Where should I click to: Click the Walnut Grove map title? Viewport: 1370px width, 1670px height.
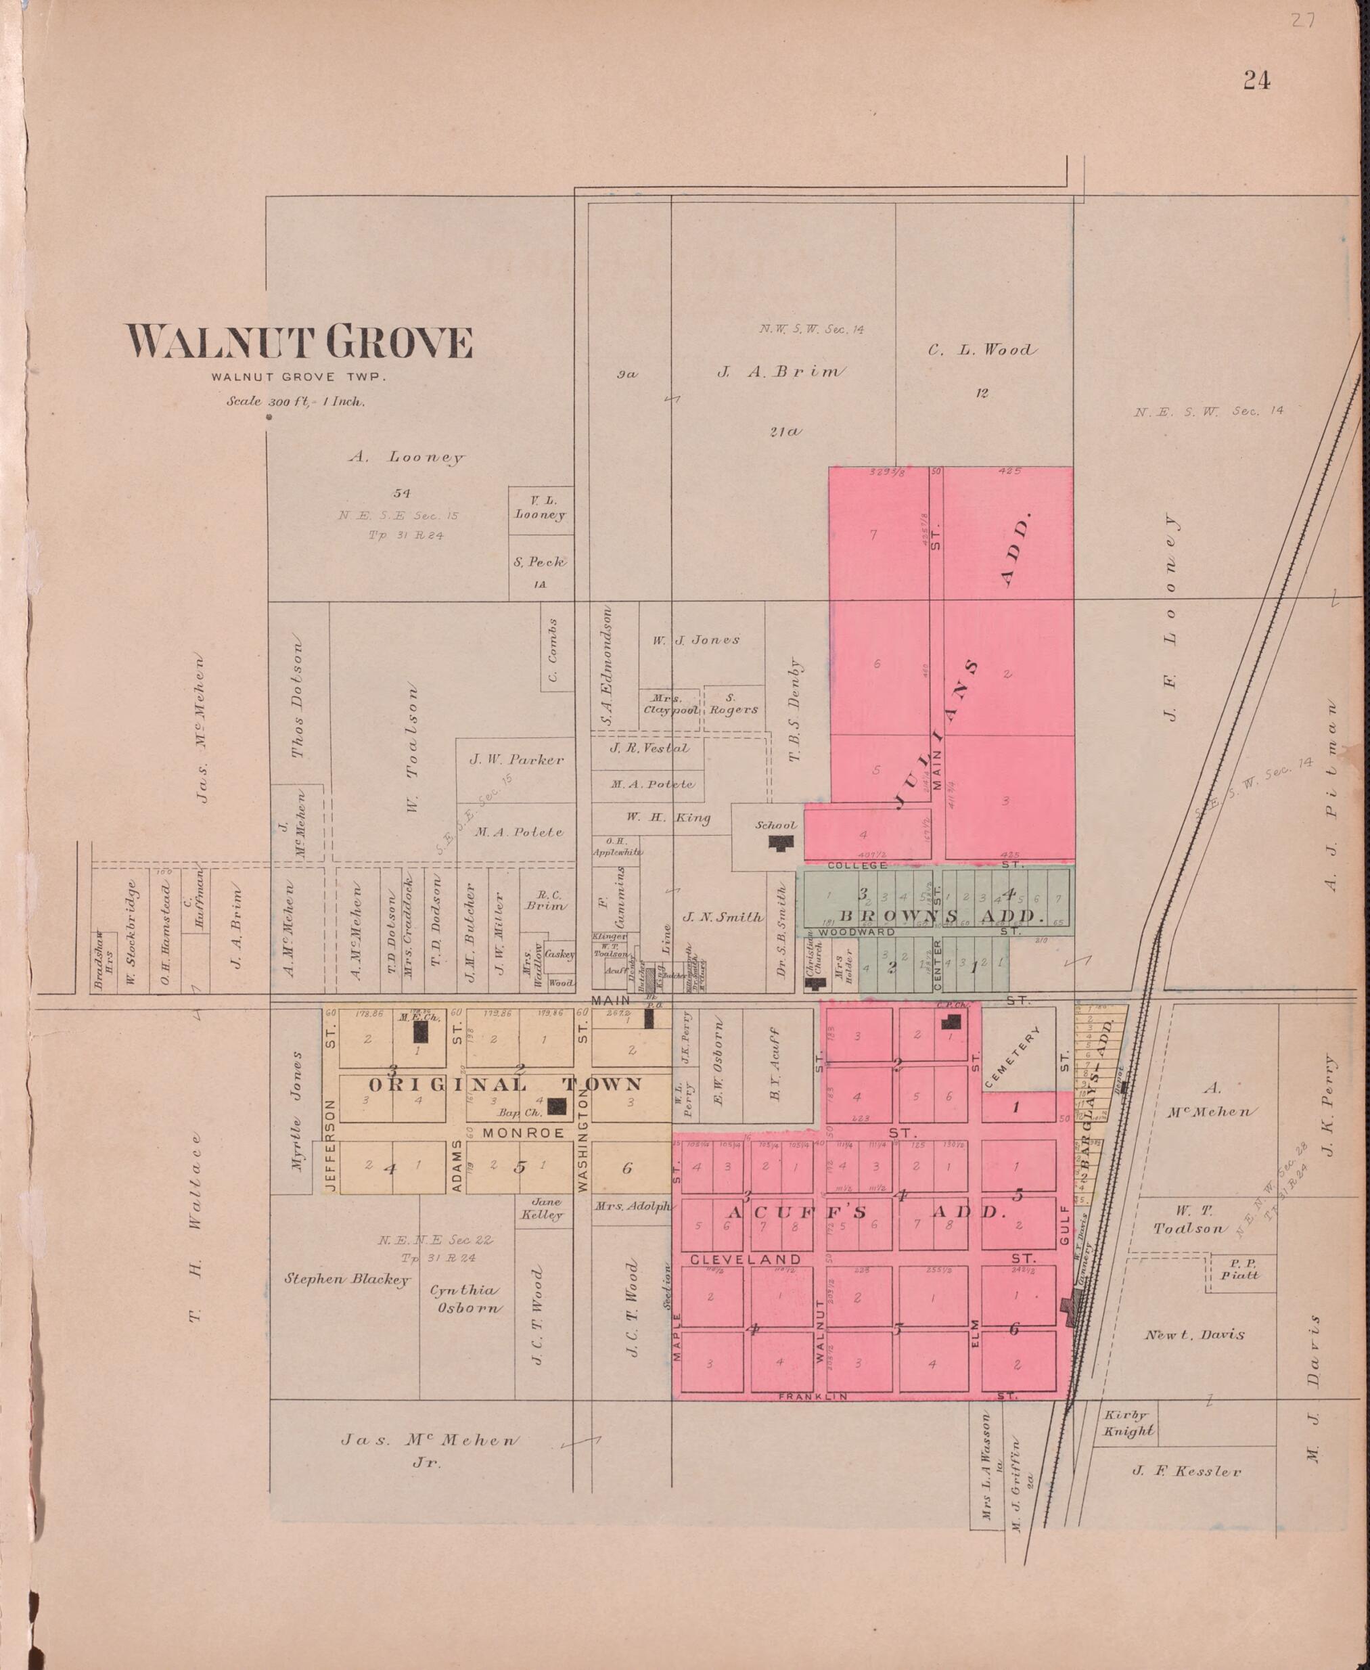pos(300,342)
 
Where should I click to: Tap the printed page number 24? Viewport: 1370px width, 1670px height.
pos(1256,80)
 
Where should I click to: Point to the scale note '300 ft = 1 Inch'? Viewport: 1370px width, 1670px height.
pos(296,401)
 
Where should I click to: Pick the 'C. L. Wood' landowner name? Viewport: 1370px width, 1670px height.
pos(982,350)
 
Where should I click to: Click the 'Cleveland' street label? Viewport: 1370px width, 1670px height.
pos(746,1259)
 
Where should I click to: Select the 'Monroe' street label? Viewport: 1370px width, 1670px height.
pos(523,1133)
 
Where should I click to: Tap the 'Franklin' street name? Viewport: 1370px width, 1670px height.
pos(813,1396)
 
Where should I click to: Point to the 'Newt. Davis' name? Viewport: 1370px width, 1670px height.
pos(1194,1334)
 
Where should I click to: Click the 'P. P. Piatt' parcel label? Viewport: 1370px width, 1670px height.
pos(1240,1268)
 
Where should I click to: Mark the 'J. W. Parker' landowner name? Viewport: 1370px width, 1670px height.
pos(516,760)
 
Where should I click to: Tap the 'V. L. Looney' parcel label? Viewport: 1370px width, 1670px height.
pos(540,507)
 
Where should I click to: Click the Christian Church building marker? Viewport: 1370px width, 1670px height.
pos(814,983)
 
